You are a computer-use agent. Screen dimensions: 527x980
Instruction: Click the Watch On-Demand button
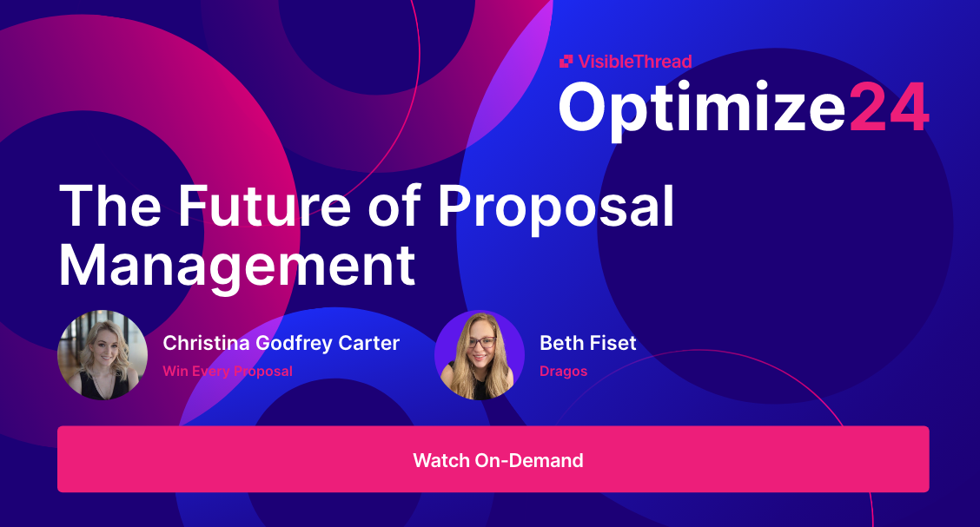tap(493, 459)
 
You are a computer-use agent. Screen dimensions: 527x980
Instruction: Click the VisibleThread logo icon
tap(566, 61)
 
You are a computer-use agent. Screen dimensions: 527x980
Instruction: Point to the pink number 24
tap(888, 107)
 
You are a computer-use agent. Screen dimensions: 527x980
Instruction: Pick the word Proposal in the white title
tap(556, 207)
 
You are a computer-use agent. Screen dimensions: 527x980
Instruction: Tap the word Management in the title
tap(237, 267)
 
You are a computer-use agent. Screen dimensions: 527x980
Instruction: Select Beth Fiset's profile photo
tap(480, 355)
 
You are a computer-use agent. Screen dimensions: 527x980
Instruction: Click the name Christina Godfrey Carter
tap(281, 343)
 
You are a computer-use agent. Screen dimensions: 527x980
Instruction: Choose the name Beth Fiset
tap(588, 343)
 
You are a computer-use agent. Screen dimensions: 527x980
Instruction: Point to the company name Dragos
tap(564, 372)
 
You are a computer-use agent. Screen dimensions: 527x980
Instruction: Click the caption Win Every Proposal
tap(228, 372)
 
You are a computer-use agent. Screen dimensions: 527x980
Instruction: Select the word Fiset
tap(612, 343)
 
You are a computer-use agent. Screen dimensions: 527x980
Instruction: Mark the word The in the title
tap(111, 207)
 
